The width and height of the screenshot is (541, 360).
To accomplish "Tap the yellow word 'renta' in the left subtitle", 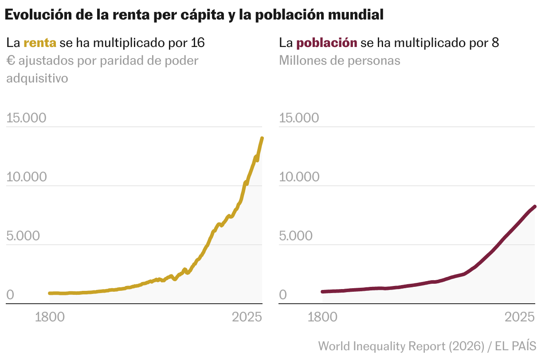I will click(40, 43).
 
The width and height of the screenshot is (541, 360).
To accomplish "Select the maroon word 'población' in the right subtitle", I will click(327, 43).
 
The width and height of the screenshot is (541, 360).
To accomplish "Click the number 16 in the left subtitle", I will click(197, 43).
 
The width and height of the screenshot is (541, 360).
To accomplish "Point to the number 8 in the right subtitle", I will click(495, 43).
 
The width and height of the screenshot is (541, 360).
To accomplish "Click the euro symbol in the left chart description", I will click(11, 61).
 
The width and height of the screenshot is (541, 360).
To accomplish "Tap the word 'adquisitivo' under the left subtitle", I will click(37, 78).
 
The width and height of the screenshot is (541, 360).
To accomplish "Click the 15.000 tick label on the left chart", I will click(27, 118).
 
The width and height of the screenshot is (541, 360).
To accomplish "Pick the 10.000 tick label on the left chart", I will click(27, 177).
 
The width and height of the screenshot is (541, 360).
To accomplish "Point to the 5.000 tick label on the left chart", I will click(23, 236).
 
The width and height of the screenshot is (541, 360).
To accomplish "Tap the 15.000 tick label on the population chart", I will click(299, 118).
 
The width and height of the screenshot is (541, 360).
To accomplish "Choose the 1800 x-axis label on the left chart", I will click(50, 317).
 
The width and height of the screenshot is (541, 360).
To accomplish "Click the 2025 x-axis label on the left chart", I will click(247, 317).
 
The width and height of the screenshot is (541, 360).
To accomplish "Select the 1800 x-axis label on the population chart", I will click(322, 317).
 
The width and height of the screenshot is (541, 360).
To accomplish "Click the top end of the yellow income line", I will click(262, 138).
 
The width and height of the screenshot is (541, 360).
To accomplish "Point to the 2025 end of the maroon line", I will click(535, 207).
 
